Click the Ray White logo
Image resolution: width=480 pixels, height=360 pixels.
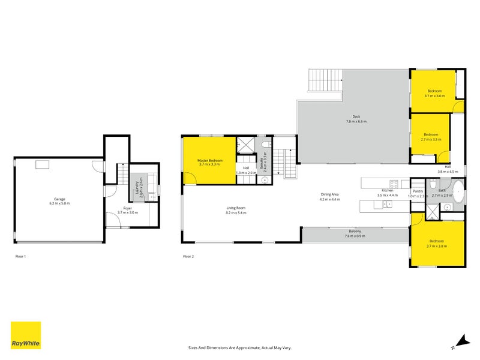tap(26, 335)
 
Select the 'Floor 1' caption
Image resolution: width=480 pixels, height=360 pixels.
tap(20, 256)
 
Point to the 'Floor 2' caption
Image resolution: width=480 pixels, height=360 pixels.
tap(188, 256)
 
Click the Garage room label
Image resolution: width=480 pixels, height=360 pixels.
tap(59, 199)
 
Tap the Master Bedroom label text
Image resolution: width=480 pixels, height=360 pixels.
tap(210, 160)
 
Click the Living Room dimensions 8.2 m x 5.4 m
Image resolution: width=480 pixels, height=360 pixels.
tap(236, 212)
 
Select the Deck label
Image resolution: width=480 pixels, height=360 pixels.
tap(356, 117)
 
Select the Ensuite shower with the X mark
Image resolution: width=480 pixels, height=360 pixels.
tap(245, 146)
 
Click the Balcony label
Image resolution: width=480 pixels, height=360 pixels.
tap(355, 232)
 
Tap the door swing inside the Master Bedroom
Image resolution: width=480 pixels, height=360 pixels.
tap(190, 178)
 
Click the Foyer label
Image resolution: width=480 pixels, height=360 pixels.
tap(128, 208)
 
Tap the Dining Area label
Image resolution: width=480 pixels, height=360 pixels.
tap(330, 194)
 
